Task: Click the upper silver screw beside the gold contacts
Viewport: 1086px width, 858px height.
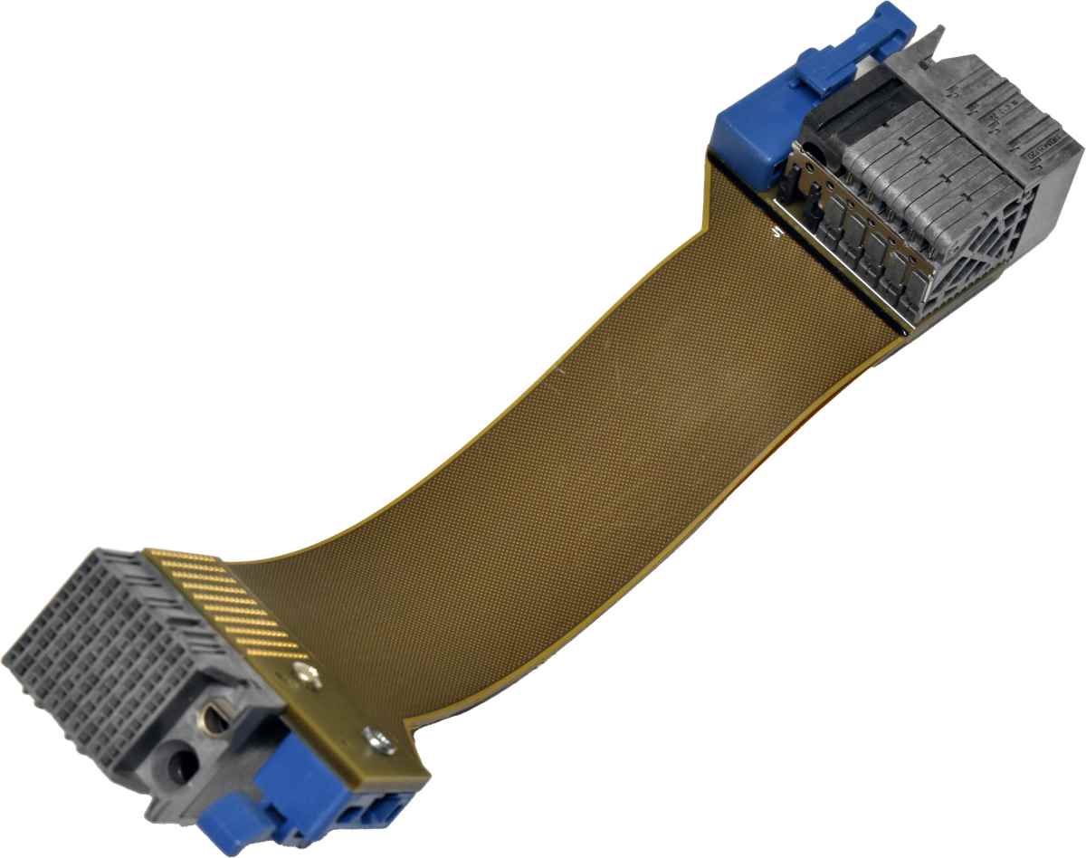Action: point(303,673)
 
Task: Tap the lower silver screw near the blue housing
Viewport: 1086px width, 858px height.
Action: point(378,740)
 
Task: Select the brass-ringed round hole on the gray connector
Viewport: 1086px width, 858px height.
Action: point(217,721)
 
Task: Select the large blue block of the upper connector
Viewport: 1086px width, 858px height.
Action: point(751,136)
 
